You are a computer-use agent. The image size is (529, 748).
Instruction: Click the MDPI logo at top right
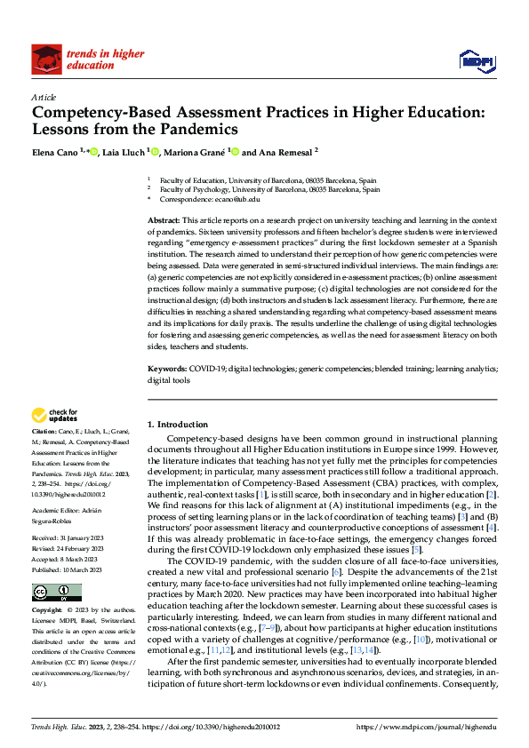coord(476,60)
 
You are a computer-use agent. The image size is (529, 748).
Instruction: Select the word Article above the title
coord(44,97)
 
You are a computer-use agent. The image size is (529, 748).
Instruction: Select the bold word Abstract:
coord(164,219)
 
